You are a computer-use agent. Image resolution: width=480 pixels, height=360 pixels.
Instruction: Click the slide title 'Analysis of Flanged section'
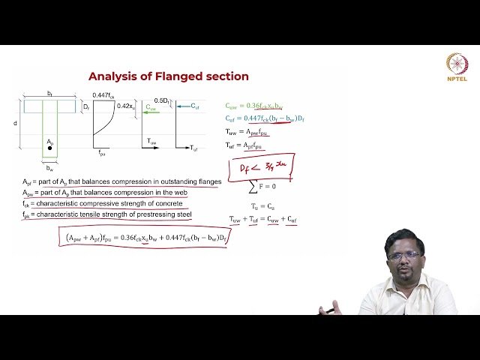click(168, 76)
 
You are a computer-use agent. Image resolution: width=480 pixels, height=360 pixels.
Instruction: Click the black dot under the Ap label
click(50, 148)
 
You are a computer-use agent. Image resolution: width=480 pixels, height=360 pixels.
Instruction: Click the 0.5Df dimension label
click(160, 100)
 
